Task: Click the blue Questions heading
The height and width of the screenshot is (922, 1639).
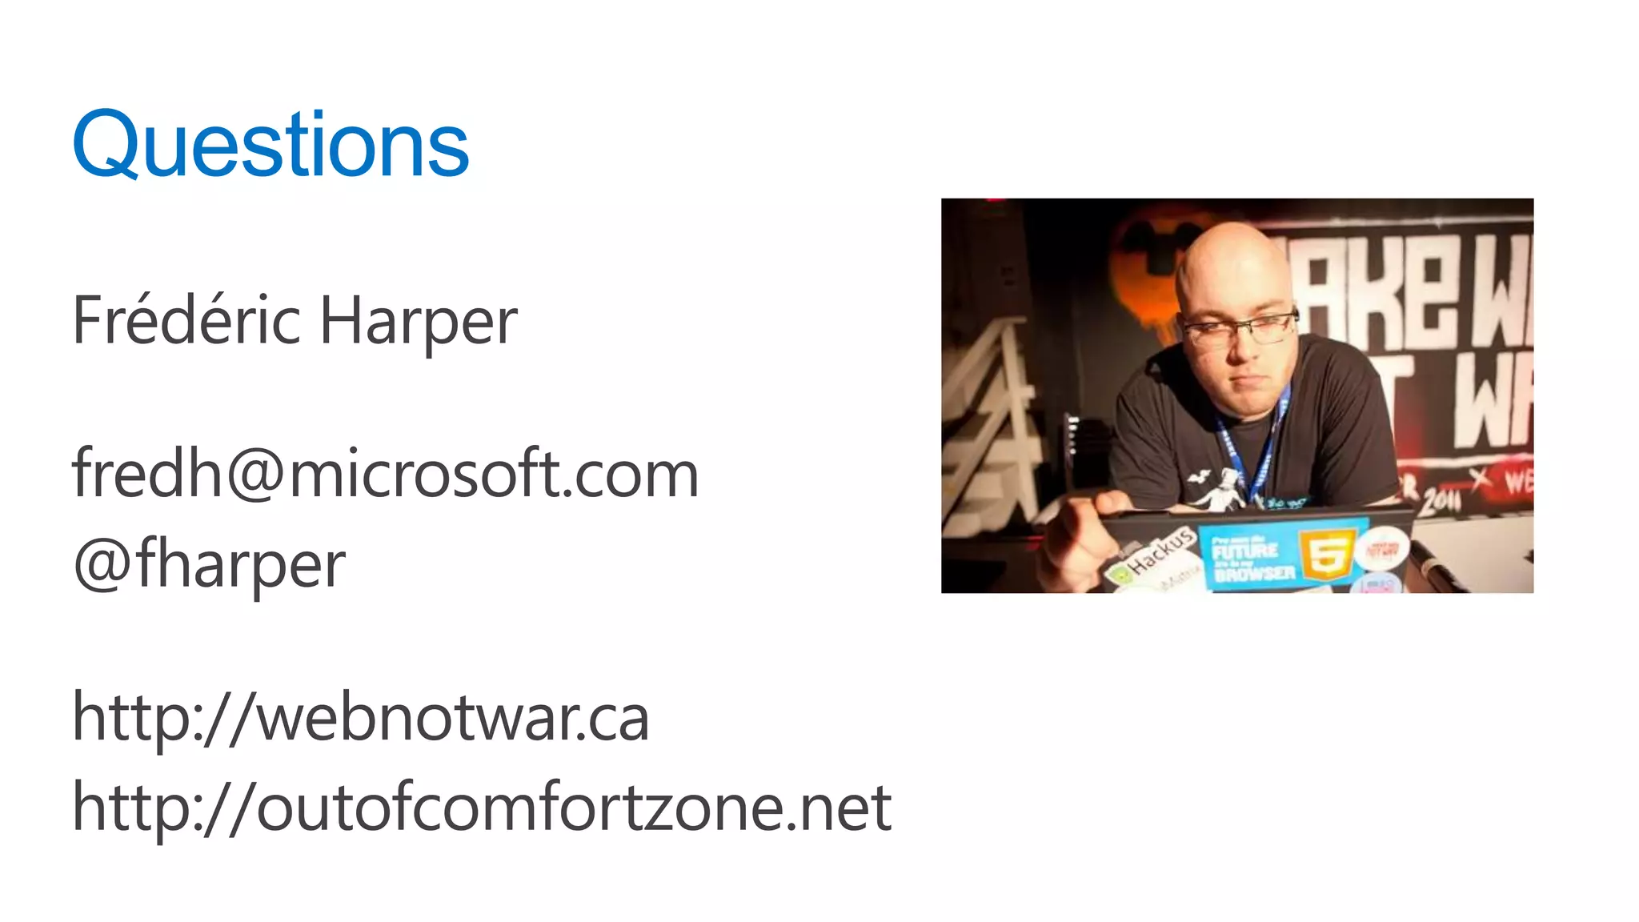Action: pos(270,145)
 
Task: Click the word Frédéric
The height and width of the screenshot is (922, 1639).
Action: pos(186,320)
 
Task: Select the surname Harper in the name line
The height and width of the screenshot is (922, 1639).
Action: pos(419,322)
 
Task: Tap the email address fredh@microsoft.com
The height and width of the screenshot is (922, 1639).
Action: pos(385,474)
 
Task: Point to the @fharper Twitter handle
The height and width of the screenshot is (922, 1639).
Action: pos(209,564)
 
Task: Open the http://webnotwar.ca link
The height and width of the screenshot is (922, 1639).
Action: pos(360,717)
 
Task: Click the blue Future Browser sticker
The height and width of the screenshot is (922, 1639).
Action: pos(1252,558)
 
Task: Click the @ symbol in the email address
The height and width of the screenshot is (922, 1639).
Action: pos(255,474)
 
